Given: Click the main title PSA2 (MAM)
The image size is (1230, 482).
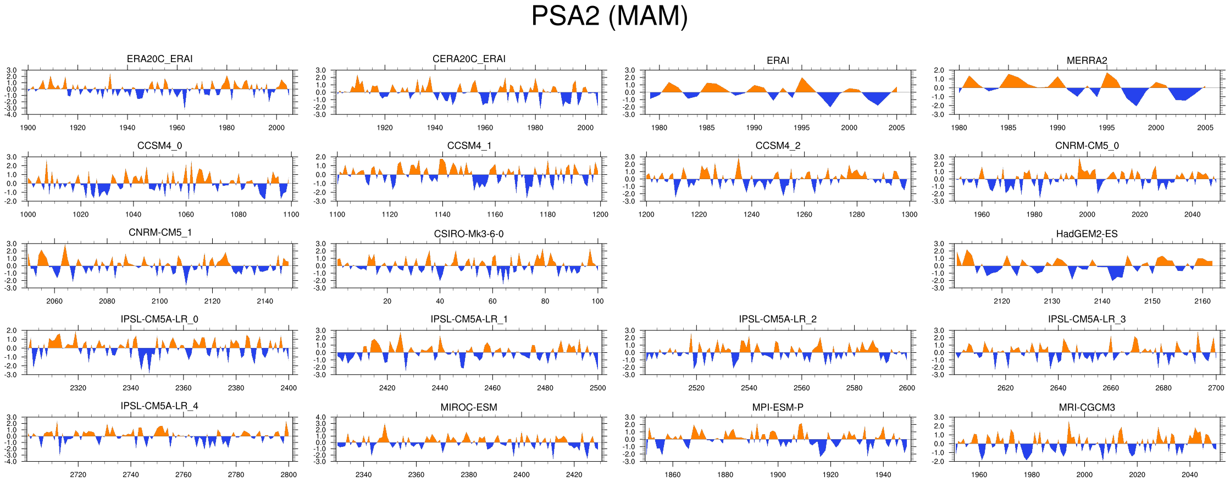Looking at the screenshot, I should [609, 16].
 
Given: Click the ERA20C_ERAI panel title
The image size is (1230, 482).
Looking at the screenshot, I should [159, 59].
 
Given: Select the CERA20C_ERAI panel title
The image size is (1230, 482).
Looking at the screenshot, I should [469, 59].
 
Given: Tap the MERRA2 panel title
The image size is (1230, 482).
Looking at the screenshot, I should [1087, 60].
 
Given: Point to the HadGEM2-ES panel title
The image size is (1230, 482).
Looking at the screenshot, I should [1087, 234].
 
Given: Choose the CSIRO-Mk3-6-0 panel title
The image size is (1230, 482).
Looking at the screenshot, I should [469, 234].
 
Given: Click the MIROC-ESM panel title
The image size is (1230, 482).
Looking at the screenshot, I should [469, 407].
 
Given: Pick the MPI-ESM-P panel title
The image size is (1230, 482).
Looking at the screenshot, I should [778, 407].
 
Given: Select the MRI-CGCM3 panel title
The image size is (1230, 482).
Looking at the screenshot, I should [1087, 407].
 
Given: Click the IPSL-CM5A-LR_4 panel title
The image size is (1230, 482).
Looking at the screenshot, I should [159, 406].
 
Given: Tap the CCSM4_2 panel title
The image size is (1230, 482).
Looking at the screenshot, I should [778, 146].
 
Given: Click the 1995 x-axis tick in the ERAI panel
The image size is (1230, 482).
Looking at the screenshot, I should [801, 128].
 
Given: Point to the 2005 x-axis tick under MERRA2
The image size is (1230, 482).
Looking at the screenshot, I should [1205, 128].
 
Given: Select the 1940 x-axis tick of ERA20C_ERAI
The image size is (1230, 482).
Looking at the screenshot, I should [127, 128].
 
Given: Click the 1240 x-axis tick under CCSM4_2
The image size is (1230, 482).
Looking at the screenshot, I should [751, 214].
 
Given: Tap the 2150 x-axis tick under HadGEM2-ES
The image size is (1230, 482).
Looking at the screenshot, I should [1152, 301].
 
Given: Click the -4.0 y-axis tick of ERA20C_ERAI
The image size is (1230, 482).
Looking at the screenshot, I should [12, 114].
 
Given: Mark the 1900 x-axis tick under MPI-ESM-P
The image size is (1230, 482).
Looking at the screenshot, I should [778, 475].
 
